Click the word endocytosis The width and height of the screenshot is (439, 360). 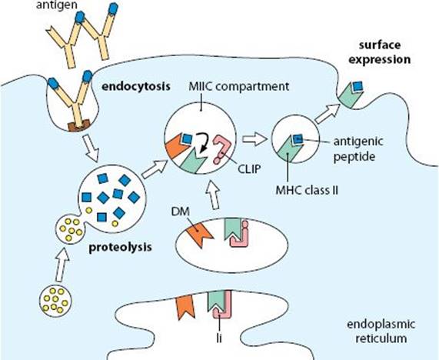pos(136,86)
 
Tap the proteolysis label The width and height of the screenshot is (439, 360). pos(121,248)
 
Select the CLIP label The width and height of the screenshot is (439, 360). pos(249,169)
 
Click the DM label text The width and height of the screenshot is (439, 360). pos(181,212)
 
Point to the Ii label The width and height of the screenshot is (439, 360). pos(219,338)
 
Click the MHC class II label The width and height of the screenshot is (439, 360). pos(307,191)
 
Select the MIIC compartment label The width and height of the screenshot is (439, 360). pos(239,86)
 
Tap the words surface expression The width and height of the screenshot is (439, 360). pos(379,52)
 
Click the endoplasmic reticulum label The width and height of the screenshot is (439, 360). pos(381,331)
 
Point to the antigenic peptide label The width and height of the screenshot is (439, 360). pos(358,148)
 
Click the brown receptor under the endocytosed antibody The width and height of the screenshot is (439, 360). pos(78,125)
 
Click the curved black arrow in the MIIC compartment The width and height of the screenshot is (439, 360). pos(206,142)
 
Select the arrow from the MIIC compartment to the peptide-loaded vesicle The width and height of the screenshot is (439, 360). pos(254,139)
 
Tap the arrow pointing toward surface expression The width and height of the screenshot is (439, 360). pos(328,114)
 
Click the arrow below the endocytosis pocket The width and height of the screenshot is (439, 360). pos(91,148)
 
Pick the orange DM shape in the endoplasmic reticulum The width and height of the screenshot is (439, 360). pos(185,308)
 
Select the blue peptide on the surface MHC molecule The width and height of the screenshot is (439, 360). pos(357,86)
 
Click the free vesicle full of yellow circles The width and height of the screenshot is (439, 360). pos(55,302)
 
